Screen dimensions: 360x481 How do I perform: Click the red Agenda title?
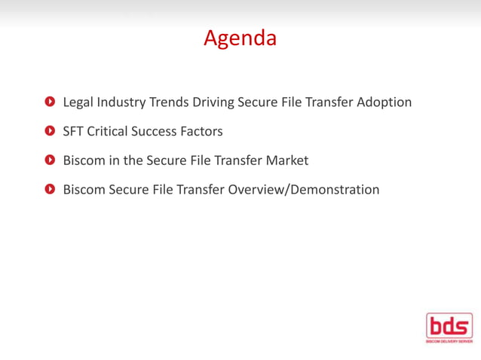[x=240, y=38]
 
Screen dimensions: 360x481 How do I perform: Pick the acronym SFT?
[x=73, y=131]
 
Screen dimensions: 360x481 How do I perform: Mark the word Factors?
[x=202, y=131]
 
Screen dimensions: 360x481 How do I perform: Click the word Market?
[x=286, y=160]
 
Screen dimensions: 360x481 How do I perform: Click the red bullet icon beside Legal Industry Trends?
[x=50, y=102]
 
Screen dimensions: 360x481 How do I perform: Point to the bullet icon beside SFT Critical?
[x=50, y=131]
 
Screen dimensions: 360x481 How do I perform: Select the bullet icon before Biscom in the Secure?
[x=50, y=160]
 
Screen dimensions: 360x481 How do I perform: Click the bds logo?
[x=449, y=328]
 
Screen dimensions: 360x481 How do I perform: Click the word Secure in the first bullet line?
[x=258, y=102]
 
